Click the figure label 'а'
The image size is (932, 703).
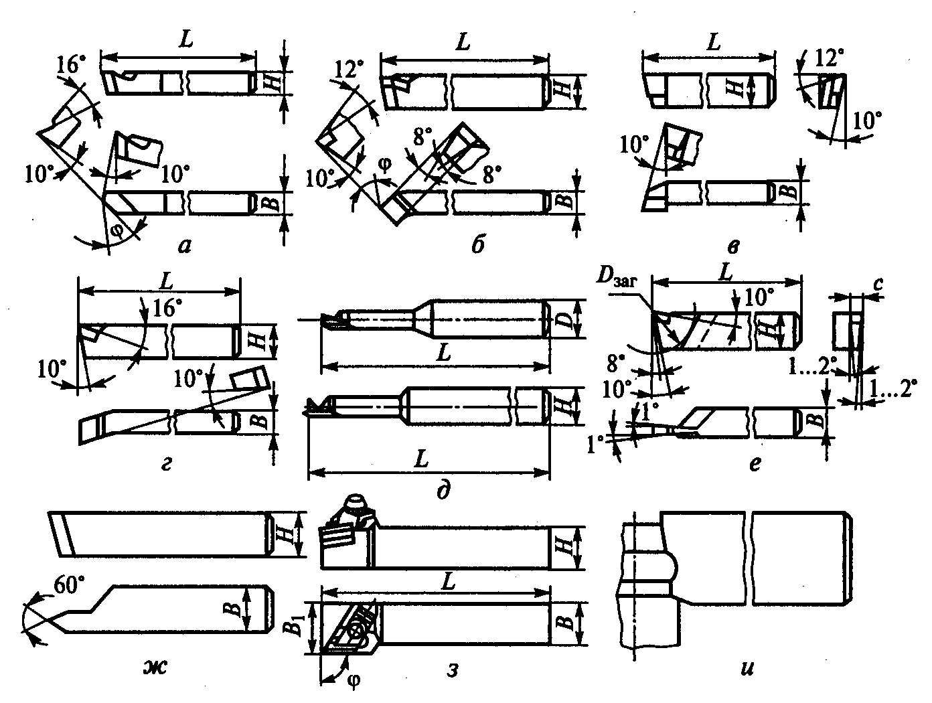[184, 247]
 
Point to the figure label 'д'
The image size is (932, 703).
[442, 492]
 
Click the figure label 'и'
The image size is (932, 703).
[748, 668]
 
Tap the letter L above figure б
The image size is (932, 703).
[461, 42]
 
